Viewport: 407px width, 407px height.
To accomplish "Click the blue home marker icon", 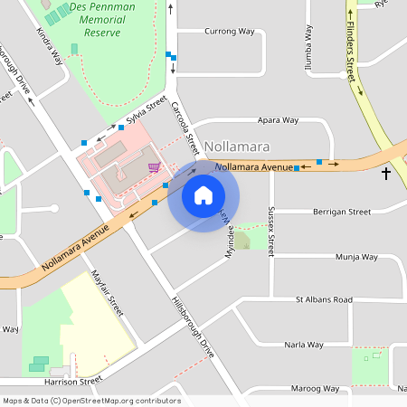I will point(203,195).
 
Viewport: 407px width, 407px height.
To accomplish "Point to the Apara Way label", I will point(278,119).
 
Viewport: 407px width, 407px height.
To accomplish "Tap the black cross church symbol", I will point(386,172).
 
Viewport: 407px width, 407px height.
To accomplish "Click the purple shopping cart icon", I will point(155,166).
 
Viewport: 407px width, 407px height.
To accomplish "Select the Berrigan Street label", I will point(341,212).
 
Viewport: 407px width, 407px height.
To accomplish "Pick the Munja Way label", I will point(356,257).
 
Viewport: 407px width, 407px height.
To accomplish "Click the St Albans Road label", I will point(323,298).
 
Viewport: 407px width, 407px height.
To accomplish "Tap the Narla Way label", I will point(304,345).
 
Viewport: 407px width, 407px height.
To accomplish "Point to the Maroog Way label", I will point(317,389).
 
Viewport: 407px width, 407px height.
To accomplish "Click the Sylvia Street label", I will point(147,115).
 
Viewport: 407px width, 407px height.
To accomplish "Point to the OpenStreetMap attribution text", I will point(91,401).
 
